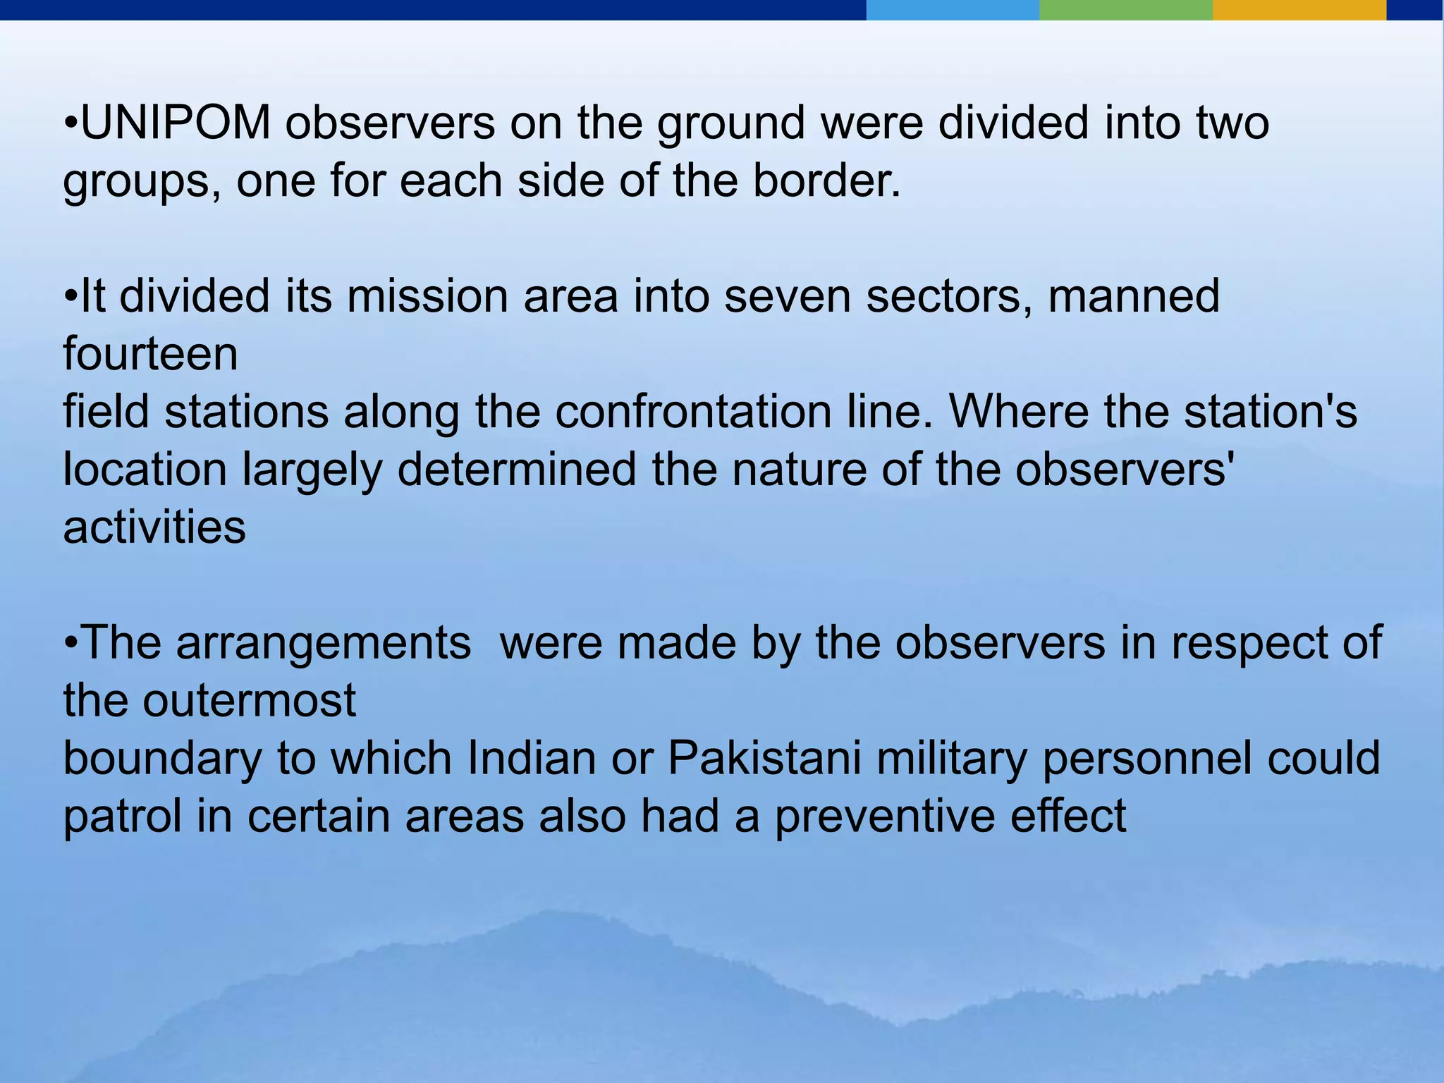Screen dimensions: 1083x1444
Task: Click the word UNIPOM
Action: [x=176, y=123]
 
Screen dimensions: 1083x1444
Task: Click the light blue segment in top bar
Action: [x=952, y=10]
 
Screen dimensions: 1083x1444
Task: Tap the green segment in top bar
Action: [x=1125, y=10]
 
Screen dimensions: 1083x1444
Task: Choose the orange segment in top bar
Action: [x=1299, y=10]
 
